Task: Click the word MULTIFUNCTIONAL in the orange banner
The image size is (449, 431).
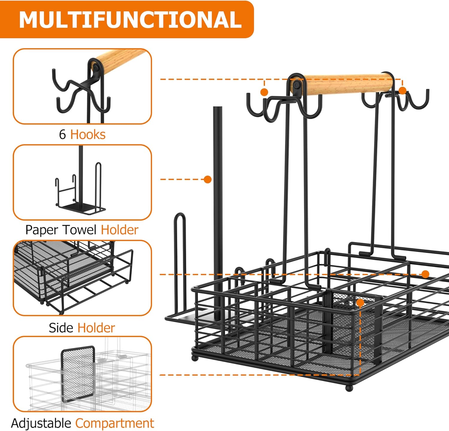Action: [x=130, y=20]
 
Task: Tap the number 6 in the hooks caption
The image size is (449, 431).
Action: [x=62, y=135]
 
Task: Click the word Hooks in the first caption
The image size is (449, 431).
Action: [x=88, y=135]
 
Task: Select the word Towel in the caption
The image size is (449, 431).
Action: [x=80, y=230]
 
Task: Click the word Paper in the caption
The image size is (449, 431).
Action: [x=42, y=230]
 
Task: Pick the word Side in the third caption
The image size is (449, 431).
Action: [x=61, y=328]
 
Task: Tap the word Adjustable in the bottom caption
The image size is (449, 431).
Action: [x=41, y=424]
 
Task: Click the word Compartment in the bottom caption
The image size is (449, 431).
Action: [x=115, y=424]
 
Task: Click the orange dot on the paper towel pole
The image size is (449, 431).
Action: [x=207, y=179]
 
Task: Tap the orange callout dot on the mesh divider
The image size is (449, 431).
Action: [x=360, y=303]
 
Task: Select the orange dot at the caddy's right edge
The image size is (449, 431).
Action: [x=425, y=274]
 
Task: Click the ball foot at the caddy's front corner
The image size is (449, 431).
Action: [x=349, y=388]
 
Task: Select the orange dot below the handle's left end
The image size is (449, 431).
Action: [x=264, y=92]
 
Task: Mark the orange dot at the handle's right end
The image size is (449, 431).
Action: [x=403, y=91]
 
